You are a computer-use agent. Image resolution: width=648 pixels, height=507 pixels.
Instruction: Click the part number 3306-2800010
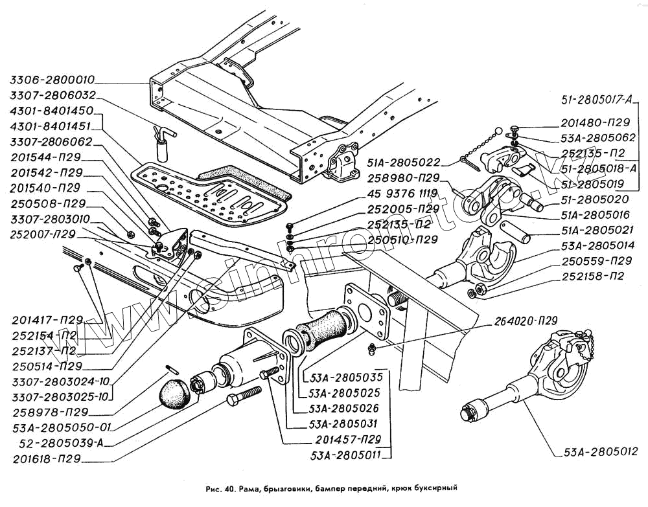[52, 81]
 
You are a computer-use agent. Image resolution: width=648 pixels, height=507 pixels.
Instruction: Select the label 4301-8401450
[52, 111]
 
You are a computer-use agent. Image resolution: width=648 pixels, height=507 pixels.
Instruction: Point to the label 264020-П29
[526, 319]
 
